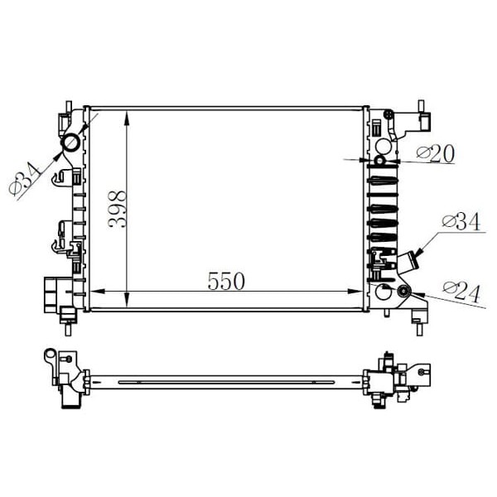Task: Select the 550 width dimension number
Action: [x=226, y=281]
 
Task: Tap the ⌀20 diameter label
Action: [x=436, y=153]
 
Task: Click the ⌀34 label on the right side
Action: [x=461, y=222]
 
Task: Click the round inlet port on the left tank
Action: [x=71, y=142]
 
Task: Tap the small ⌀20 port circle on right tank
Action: [x=380, y=160]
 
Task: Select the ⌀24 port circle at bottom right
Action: [x=403, y=290]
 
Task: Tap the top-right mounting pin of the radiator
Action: [x=420, y=106]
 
